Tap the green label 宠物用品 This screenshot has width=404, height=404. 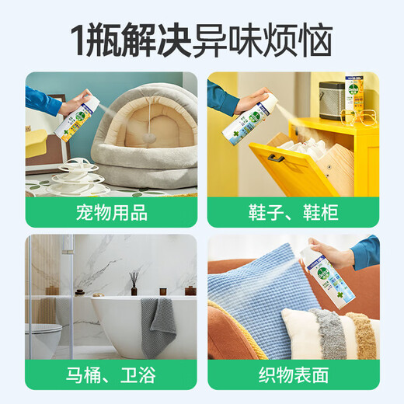(x=111, y=213)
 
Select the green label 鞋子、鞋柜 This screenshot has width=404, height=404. (x=292, y=213)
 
